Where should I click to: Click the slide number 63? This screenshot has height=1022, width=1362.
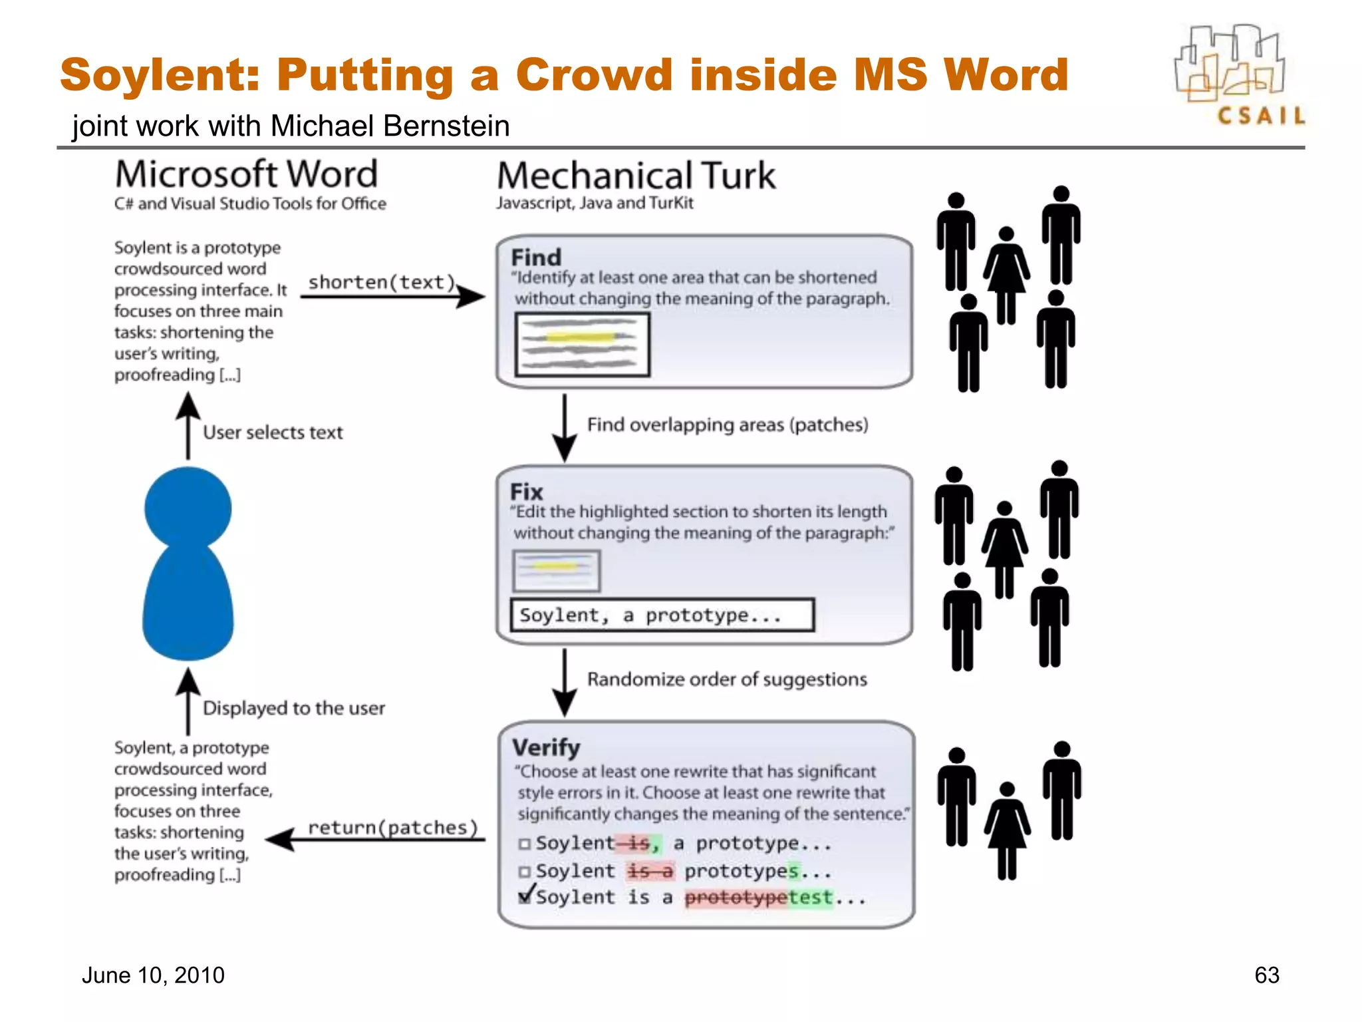coord(1266,975)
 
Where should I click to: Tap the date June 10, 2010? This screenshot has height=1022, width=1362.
coord(153,975)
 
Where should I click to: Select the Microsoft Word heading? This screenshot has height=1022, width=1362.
coord(246,174)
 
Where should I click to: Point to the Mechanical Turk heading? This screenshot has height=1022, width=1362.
coord(636,176)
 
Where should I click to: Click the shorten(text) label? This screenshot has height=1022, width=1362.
coord(381,282)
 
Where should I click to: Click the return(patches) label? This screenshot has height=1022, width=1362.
coord(392,828)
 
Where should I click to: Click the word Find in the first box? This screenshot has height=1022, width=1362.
coord(536,257)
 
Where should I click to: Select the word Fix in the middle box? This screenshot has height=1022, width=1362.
coord(526,492)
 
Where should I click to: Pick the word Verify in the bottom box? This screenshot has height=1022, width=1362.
coord(546,747)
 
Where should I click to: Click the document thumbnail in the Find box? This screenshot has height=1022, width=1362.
coord(582,344)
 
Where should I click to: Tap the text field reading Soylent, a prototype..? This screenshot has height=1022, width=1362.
coord(662,615)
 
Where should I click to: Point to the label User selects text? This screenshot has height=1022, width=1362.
coord(273,432)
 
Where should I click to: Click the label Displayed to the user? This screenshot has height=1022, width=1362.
coord(293,708)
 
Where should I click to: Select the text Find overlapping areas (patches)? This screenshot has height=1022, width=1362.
coord(728,425)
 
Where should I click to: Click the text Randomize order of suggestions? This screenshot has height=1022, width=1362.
coord(727,679)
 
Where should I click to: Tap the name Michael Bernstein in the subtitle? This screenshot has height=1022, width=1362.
coord(390,126)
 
